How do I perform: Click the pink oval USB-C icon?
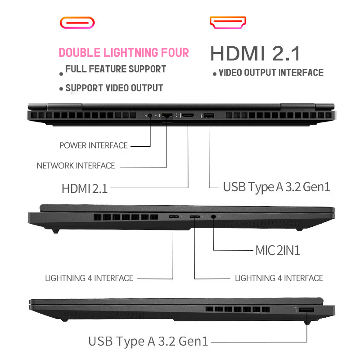point(77,22)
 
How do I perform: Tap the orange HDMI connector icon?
point(228,22)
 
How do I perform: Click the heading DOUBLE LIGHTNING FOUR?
point(124,53)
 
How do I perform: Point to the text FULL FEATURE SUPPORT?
point(116,69)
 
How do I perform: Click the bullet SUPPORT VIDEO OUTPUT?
point(114,88)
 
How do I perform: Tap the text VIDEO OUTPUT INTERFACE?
point(271,72)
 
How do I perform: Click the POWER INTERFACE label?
point(94,145)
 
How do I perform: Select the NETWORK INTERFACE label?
point(76,166)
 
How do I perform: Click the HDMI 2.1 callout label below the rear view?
point(85,188)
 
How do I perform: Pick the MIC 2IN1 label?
point(278,250)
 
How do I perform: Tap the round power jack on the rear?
point(150,116)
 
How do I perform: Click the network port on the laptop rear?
point(167,116)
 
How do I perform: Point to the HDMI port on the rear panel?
point(188,116)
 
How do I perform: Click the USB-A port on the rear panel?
point(209,116)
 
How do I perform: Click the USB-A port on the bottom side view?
point(307,310)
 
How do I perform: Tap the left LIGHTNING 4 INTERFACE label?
point(89,278)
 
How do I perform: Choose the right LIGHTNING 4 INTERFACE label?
point(279,278)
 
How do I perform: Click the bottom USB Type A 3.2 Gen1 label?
point(148,342)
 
